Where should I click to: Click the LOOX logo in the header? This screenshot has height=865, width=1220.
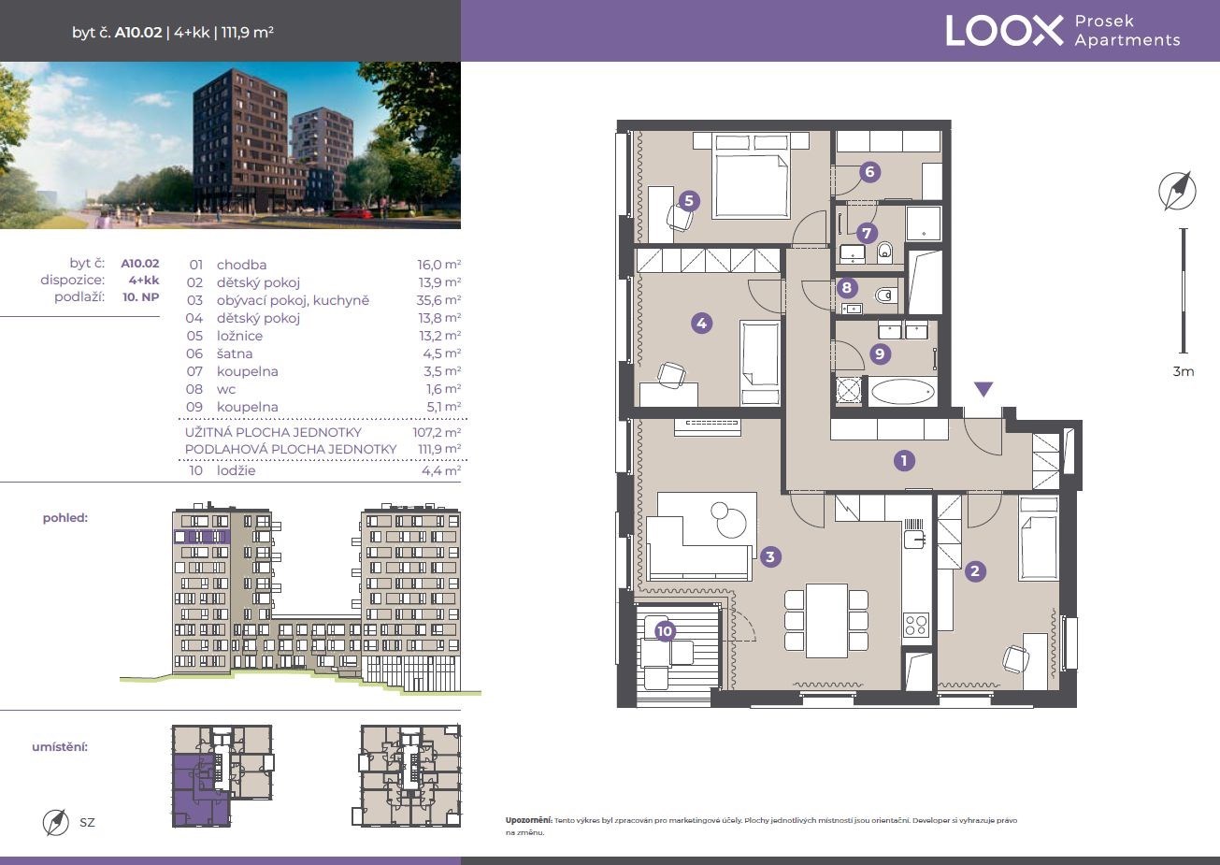[x=1004, y=31]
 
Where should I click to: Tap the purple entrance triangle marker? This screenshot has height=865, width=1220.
[x=983, y=389]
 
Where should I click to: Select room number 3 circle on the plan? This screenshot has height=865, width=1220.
[x=770, y=556]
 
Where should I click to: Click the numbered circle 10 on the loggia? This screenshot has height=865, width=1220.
[x=665, y=631]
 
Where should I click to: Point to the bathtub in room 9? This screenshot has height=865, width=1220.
[x=902, y=392]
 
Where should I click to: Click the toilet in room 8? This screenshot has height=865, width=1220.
[x=885, y=296]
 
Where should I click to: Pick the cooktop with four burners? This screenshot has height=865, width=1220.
[x=915, y=625]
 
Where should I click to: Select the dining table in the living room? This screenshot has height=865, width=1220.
[x=826, y=620]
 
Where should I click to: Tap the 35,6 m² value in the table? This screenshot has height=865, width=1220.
[x=439, y=300]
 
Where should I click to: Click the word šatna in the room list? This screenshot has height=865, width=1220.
[x=235, y=353]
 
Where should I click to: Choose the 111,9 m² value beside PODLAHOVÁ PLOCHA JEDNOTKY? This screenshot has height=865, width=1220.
[x=439, y=449]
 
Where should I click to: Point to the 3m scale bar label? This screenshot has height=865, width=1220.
[x=1183, y=371]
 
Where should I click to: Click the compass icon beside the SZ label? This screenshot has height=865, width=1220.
[x=55, y=822]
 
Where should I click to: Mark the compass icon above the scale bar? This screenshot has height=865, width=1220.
[x=1178, y=191]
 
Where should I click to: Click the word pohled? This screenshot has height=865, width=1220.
[x=65, y=517]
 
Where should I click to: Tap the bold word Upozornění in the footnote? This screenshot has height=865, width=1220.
[x=528, y=820]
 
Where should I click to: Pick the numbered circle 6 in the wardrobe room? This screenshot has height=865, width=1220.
[x=869, y=172]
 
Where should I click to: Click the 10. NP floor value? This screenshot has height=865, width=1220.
[x=140, y=296]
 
